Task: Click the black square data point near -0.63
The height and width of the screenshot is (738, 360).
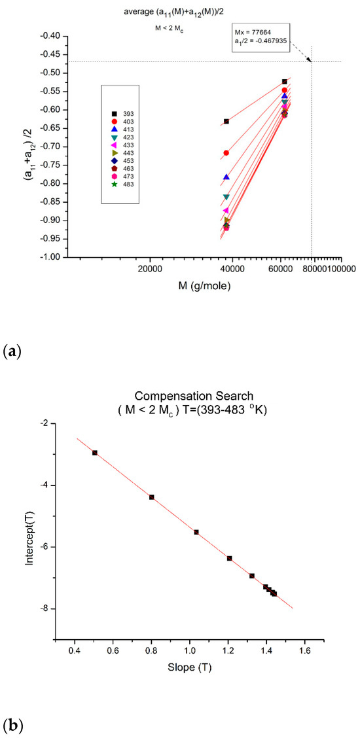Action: pos(226,121)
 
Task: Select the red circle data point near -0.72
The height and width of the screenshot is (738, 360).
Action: pos(226,153)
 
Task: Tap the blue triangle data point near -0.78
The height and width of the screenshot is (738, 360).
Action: pos(226,177)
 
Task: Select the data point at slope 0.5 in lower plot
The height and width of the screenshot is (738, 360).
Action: pos(95,453)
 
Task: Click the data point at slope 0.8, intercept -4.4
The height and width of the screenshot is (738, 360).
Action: pos(152,497)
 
